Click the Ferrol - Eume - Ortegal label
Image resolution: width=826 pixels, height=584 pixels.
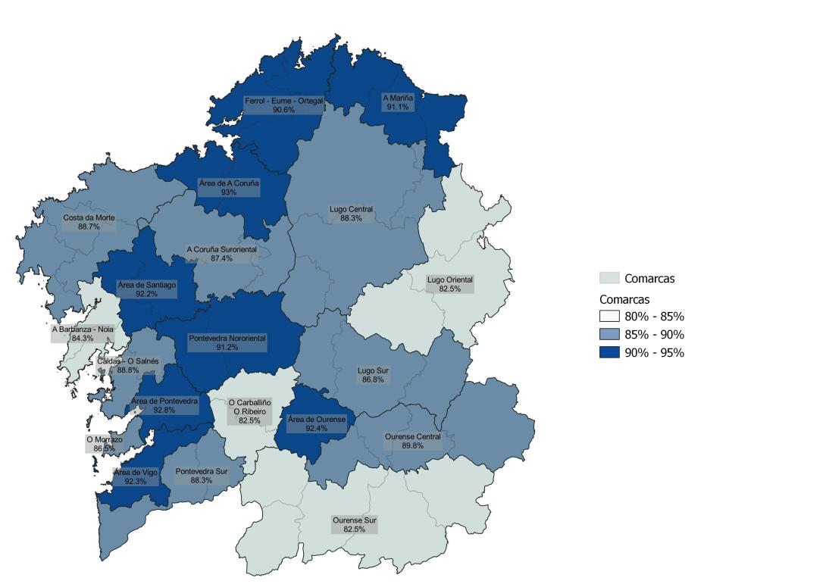coord(283,105)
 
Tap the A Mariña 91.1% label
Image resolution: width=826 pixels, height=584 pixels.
coord(397,102)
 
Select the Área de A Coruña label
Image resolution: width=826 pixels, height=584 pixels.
coord(229,187)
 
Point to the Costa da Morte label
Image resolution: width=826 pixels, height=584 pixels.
coord(89,222)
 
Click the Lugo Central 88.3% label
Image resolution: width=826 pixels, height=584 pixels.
coord(351,214)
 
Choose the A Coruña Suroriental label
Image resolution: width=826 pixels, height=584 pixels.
coord(222,254)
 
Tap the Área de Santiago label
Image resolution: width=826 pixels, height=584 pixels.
coord(148,289)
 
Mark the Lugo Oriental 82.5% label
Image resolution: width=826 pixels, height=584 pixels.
coord(449,285)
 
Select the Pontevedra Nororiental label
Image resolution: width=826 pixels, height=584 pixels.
coord(227,342)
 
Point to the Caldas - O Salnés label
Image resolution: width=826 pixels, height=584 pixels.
coord(128,366)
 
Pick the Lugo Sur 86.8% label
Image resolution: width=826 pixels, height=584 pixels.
coord(373,375)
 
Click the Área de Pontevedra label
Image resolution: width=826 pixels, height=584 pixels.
coord(164,404)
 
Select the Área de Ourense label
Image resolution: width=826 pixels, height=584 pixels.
coord(317,424)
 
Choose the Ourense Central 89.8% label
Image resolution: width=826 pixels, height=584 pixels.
coord(412,442)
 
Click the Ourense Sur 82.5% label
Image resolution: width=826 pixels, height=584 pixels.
coord(354,525)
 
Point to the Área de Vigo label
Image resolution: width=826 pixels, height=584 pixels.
coord(136,476)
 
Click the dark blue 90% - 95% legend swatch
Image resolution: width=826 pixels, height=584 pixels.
coord(609,352)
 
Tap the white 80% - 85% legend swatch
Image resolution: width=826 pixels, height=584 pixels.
coord(609,317)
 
